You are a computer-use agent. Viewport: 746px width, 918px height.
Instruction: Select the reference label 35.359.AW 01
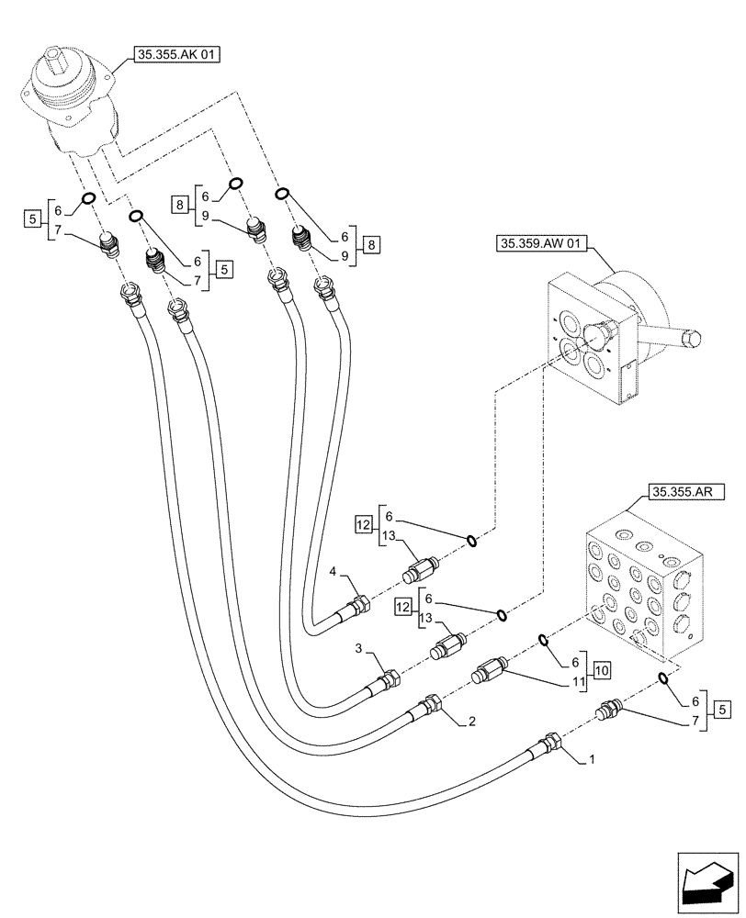539,244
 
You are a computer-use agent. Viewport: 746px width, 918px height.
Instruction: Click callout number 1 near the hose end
592,760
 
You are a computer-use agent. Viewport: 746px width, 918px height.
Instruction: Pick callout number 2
470,722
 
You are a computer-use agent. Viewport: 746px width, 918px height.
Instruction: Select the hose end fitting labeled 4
359,606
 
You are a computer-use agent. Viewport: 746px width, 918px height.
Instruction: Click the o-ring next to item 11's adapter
542,640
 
